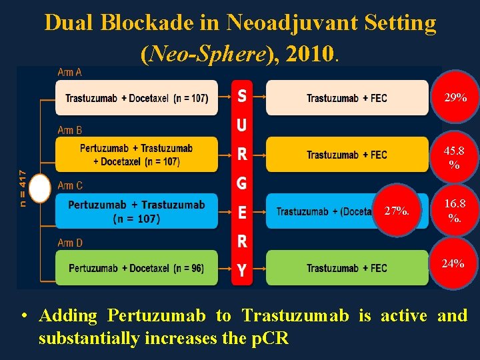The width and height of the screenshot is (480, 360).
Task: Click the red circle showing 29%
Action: coord(455,97)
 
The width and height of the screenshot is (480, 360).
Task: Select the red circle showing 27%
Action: coord(397,211)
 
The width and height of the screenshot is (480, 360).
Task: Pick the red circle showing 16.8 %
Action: coord(455,210)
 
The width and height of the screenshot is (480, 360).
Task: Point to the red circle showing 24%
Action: coord(453,264)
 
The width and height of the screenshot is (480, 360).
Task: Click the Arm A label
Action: coord(71,72)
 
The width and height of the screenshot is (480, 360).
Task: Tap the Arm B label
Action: coord(71,129)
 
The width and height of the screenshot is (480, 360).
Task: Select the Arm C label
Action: coord(71,185)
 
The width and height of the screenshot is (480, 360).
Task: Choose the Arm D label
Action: coord(71,243)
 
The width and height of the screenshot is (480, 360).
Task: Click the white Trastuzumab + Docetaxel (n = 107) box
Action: coord(137,99)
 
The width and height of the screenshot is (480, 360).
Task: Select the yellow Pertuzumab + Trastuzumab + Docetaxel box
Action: coord(137,155)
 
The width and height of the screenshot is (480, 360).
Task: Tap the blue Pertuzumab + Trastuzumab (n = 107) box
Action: coord(137,211)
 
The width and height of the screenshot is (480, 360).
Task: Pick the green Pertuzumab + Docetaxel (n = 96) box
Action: coord(137,268)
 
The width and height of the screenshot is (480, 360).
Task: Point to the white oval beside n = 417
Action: coord(41,188)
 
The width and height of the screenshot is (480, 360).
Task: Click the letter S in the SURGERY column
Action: coord(242,97)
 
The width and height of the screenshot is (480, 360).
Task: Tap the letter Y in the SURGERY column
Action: coord(242,270)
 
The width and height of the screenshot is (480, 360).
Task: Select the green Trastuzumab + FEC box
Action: coord(347,268)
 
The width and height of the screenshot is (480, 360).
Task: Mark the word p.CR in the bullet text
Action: coord(269,338)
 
